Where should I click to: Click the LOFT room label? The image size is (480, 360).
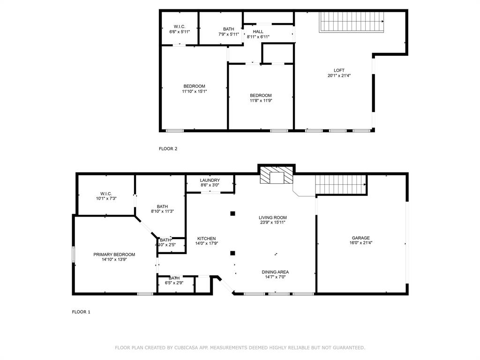click(339, 70)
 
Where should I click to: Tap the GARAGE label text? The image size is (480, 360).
click(361, 238)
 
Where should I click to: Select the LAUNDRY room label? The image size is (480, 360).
click(210, 180)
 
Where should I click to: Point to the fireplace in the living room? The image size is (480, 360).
click(276, 177)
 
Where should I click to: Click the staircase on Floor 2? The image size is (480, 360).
click(352, 22)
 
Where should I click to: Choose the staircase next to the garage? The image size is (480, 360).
click(341, 184)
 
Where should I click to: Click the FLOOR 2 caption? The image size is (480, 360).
click(168, 149)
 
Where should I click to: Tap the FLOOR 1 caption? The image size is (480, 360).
click(81, 312)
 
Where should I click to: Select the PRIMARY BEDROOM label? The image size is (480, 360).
click(114, 255)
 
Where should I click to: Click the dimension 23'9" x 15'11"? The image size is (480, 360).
click(272, 223)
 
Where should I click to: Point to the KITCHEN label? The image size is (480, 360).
click(206, 239)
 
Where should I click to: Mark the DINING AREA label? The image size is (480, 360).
click(275, 272)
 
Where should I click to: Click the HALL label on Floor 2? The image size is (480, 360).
click(258, 31)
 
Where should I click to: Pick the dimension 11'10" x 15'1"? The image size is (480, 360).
click(194, 91)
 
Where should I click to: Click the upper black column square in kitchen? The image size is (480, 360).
click(232, 214)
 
